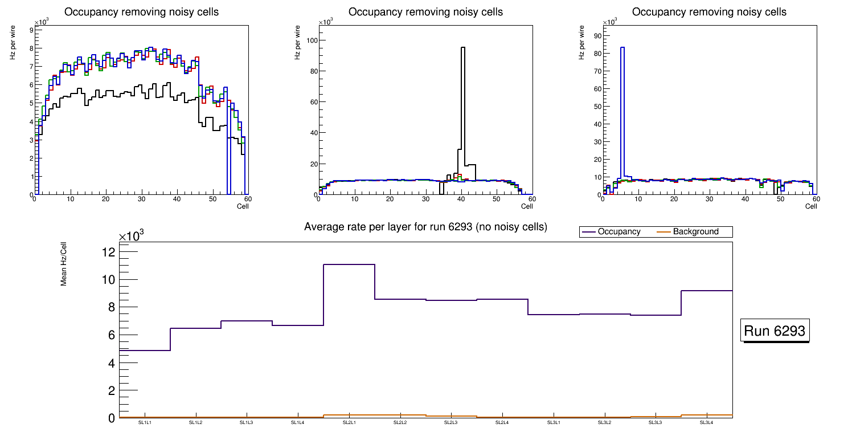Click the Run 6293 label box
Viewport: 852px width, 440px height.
tap(775, 331)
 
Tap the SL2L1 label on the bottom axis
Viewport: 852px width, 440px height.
tap(349, 423)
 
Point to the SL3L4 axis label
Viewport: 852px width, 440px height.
tap(706, 423)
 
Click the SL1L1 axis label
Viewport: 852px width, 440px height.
tap(145, 423)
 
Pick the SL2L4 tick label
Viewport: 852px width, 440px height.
tap(502, 423)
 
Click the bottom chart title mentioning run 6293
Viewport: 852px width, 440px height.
tap(425, 227)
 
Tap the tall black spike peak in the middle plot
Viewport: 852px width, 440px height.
tap(463, 48)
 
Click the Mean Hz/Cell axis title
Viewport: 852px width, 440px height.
tap(64, 264)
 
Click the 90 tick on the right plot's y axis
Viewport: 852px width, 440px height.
tap(597, 36)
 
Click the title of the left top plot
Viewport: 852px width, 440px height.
tap(141, 12)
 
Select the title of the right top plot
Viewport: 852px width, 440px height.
tap(709, 12)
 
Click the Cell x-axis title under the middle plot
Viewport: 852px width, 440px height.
tap(527, 206)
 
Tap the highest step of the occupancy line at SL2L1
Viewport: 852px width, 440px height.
tap(349, 264)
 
